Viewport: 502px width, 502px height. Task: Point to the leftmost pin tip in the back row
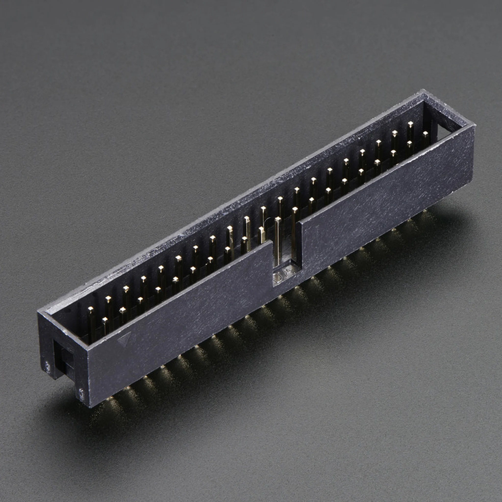[x=90, y=309]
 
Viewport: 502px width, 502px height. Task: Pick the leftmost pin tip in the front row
[x=105, y=319]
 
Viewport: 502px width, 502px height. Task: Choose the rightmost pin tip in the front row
[x=425, y=133]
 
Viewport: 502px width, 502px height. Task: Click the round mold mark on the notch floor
[x=277, y=277]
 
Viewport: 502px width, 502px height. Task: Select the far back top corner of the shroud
[x=423, y=91]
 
